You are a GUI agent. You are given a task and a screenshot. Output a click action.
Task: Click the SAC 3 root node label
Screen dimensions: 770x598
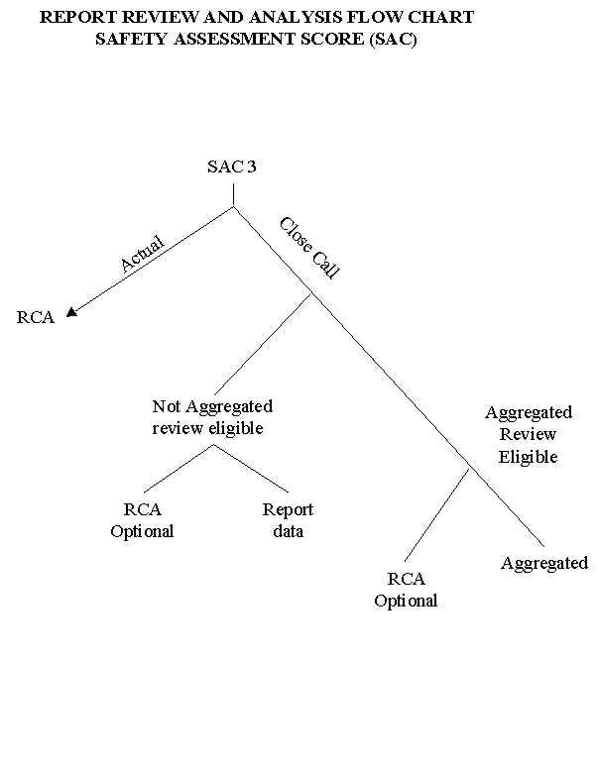pos(231,166)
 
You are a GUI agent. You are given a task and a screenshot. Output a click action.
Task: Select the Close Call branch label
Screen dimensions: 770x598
pos(308,247)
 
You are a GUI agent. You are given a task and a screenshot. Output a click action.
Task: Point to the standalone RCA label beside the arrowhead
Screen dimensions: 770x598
pos(35,318)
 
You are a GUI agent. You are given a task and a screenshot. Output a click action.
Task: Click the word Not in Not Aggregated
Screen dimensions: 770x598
pos(165,406)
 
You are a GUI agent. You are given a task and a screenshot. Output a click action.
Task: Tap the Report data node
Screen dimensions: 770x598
pos(287,520)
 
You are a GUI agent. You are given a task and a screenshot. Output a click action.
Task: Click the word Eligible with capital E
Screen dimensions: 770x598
pos(528,457)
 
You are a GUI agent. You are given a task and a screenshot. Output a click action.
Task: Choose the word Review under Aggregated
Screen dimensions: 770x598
pos(528,434)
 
